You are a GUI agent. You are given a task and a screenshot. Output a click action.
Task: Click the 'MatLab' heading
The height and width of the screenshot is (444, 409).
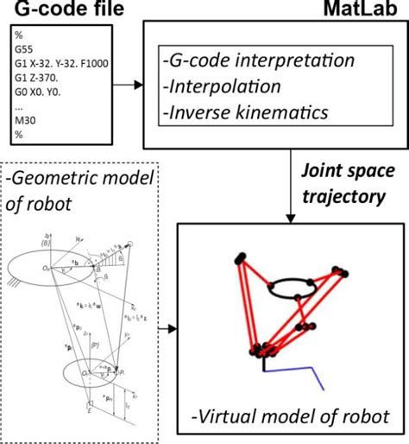[x=368, y=10]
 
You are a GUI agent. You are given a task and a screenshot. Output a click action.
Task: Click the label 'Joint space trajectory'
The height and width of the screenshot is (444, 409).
[x=343, y=186]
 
